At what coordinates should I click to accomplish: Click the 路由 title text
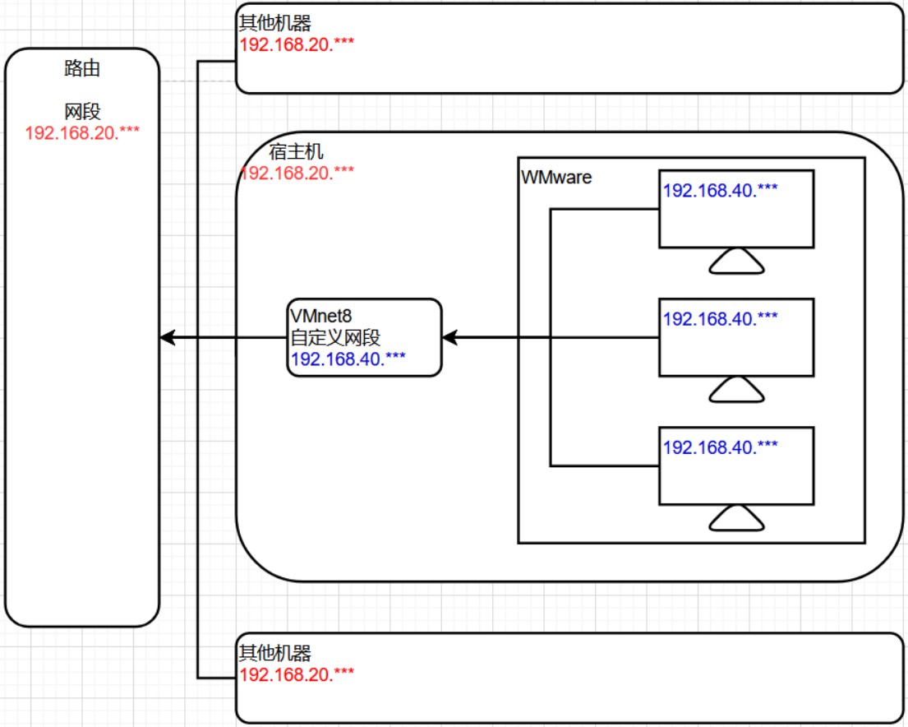pyautogui.click(x=82, y=68)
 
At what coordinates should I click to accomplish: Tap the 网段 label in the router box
pyautogui.click(x=82, y=111)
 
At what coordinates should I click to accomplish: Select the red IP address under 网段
pyautogui.click(x=82, y=132)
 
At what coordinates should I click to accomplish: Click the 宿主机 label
pyautogui.click(x=296, y=151)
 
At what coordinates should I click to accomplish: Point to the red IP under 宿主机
pyautogui.click(x=297, y=173)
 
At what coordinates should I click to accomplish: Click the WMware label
pyautogui.click(x=556, y=177)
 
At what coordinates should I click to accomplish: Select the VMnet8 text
pyautogui.click(x=320, y=316)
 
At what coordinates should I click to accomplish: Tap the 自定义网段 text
pyautogui.click(x=335, y=337)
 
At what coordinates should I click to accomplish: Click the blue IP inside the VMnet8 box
pyautogui.click(x=348, y=359)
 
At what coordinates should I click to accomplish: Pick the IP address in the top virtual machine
pyautogui.click(x=721, y=190)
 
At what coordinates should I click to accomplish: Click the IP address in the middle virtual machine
pyautogui.click(x=721, y=318)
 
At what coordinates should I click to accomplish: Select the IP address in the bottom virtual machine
pyautogui.click(x=721, y=447)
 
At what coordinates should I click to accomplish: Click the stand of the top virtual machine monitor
pyautogui.click(x=736, y=261)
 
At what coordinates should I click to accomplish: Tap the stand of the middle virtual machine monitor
pyautogui.click(x=736, y=390)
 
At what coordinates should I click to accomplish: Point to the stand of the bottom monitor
pyautogui.click(x=736, y=518)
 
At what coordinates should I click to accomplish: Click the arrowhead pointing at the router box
pyautogui.click(x=168, y=337)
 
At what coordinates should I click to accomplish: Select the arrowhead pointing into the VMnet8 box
pyautogui.click(x=450, y=337)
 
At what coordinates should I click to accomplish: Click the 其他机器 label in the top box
pyautogui.click(x=275, y=22)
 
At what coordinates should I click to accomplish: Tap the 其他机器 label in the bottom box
pyautogui.click(x=275, y=653)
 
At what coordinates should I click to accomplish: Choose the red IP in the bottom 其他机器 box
pyautogui.click(x=297, y=674)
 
